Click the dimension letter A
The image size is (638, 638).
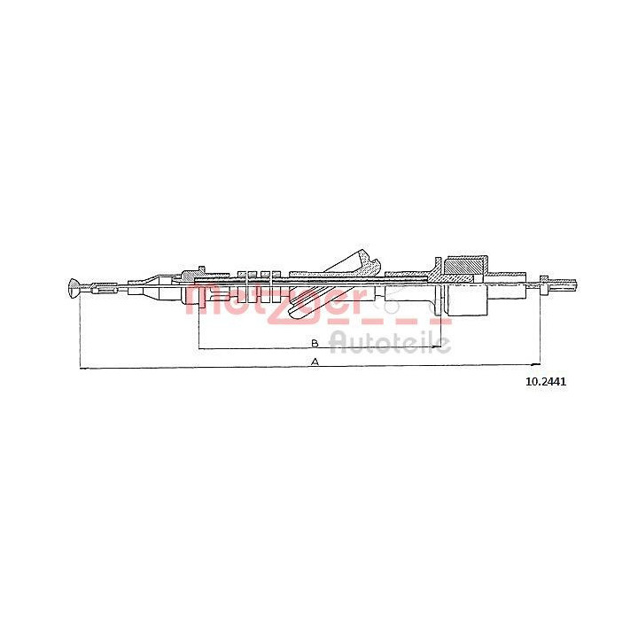click(x=315, y=362)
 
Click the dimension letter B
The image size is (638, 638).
click(x=315, y=343)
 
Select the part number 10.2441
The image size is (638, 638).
click(x=546, y=382)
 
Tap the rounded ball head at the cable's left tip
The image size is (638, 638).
click(x=74, y=288)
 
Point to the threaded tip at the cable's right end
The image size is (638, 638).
click(x=563, y=284)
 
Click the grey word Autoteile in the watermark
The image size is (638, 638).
click(x=390, y=344)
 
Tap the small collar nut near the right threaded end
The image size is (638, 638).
click(x=543, y=284)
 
